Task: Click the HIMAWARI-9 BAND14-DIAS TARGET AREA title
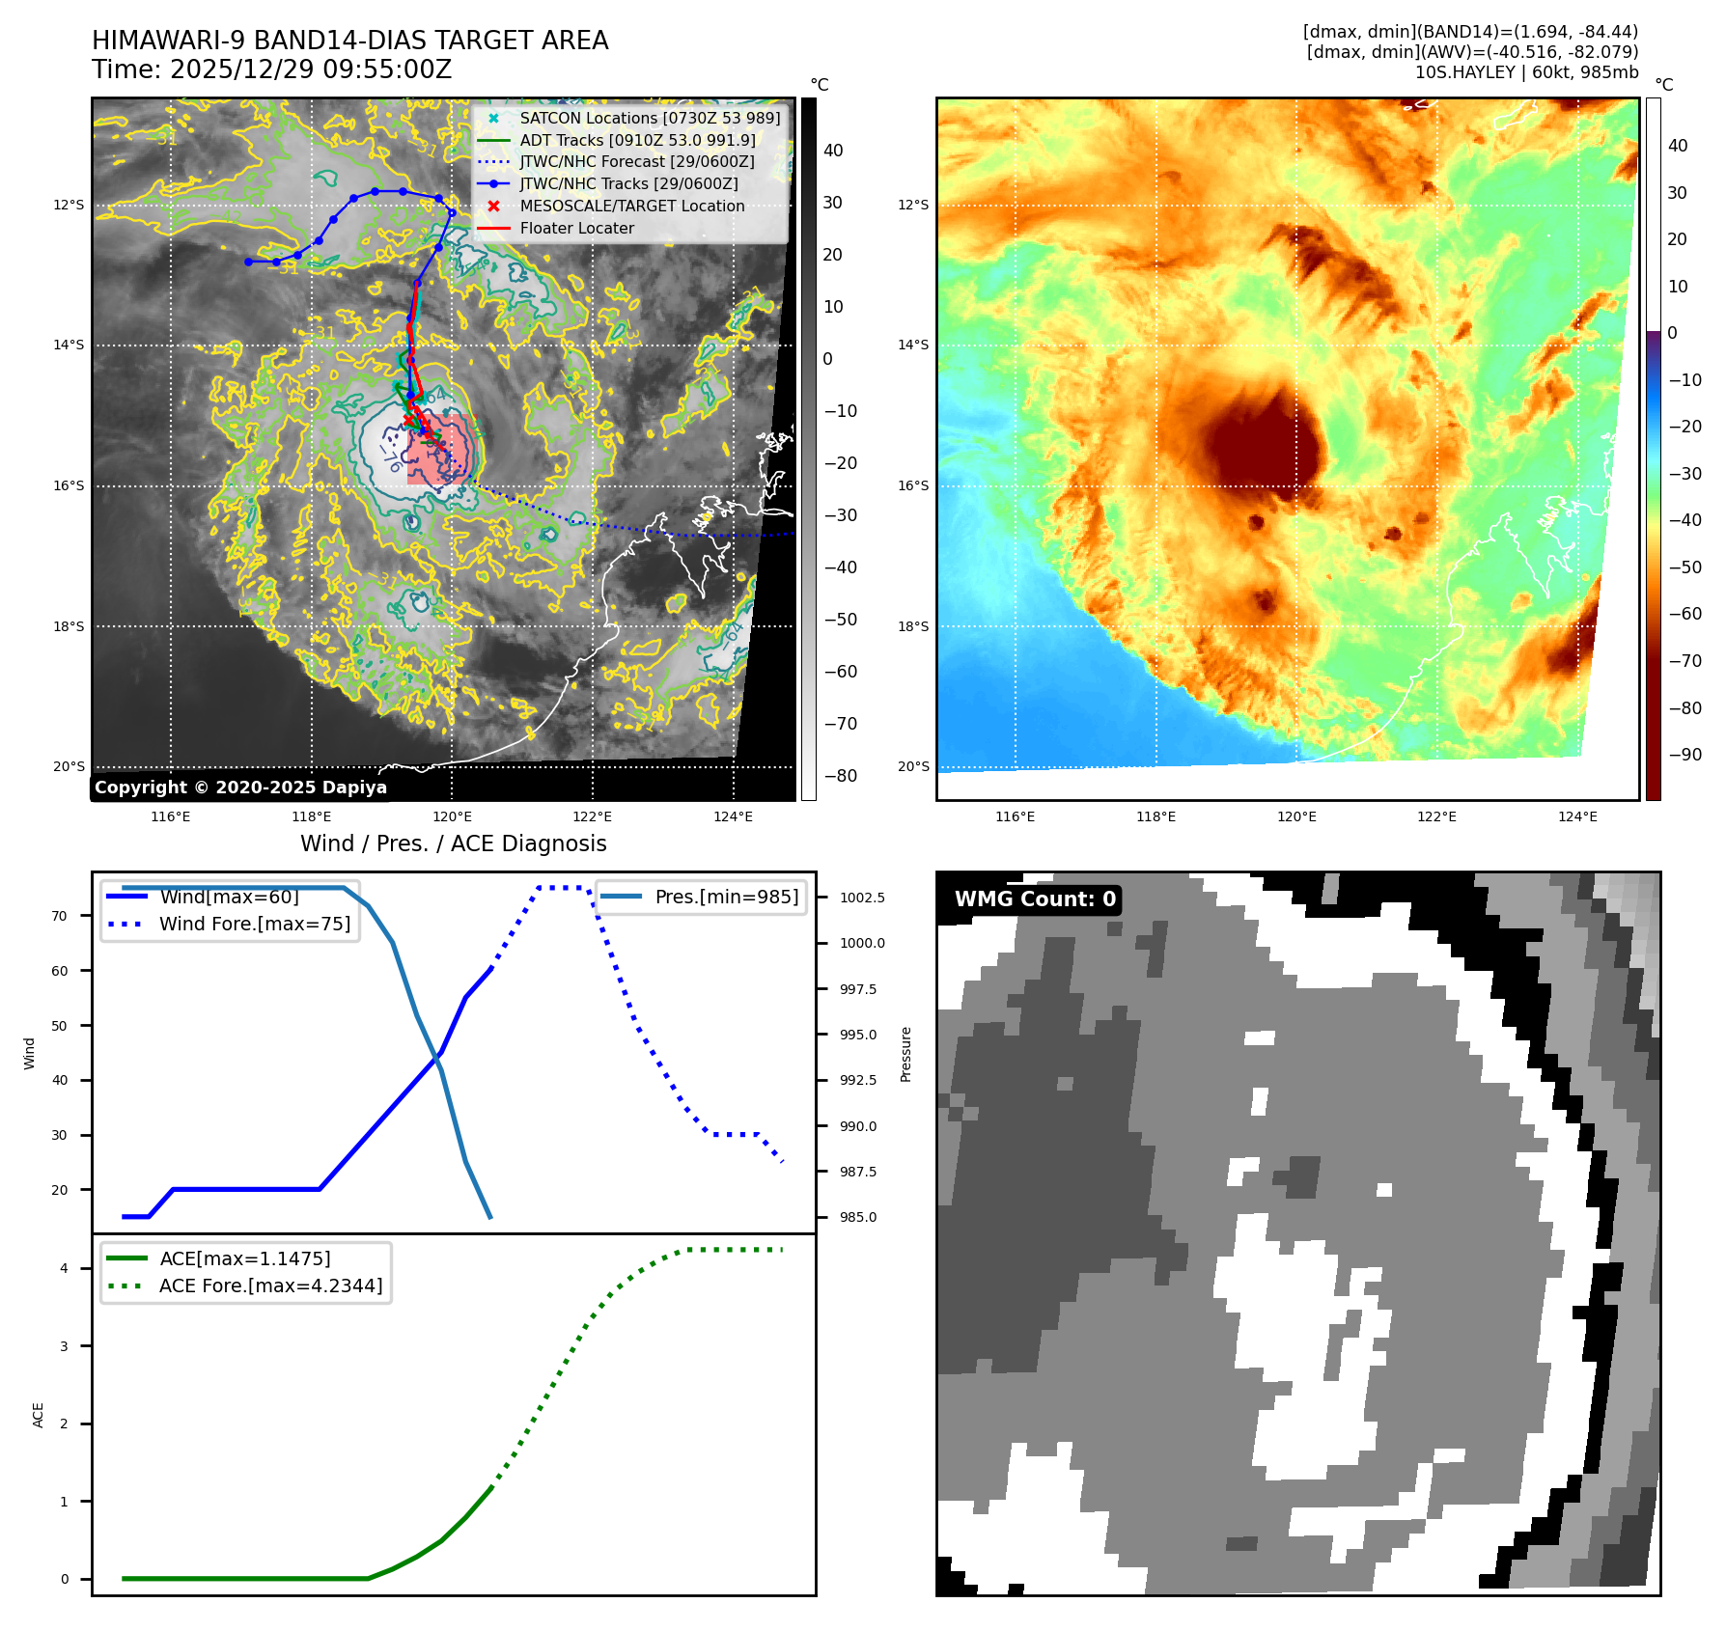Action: coord(349,41)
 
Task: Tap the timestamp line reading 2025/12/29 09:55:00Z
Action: coord(271,69)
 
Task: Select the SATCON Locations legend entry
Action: coord(649,118)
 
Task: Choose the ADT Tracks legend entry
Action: coord(636,140)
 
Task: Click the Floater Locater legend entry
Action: coord(576,228)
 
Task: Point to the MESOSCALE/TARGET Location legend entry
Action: coord(631,206)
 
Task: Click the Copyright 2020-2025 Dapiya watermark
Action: coord(240,788)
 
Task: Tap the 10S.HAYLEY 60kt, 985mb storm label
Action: coord(1526,72)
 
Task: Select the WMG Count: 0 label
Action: coord(1035,899)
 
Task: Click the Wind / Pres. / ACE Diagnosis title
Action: coord(453,843)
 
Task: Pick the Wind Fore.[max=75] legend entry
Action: coord(254,924)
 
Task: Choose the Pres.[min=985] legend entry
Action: coord(726,897)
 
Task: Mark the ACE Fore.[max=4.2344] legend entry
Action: coord(270,1285)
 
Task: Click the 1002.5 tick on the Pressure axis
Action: coord(862,898)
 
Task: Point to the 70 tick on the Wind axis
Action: coord(60,916)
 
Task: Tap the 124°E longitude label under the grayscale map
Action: coord(733,816)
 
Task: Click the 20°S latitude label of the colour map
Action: coord(913,766)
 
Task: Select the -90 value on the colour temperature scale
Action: coord(1685,755)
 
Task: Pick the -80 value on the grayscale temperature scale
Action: coord(840,776)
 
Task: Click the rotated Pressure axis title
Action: coord(905,1054)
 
